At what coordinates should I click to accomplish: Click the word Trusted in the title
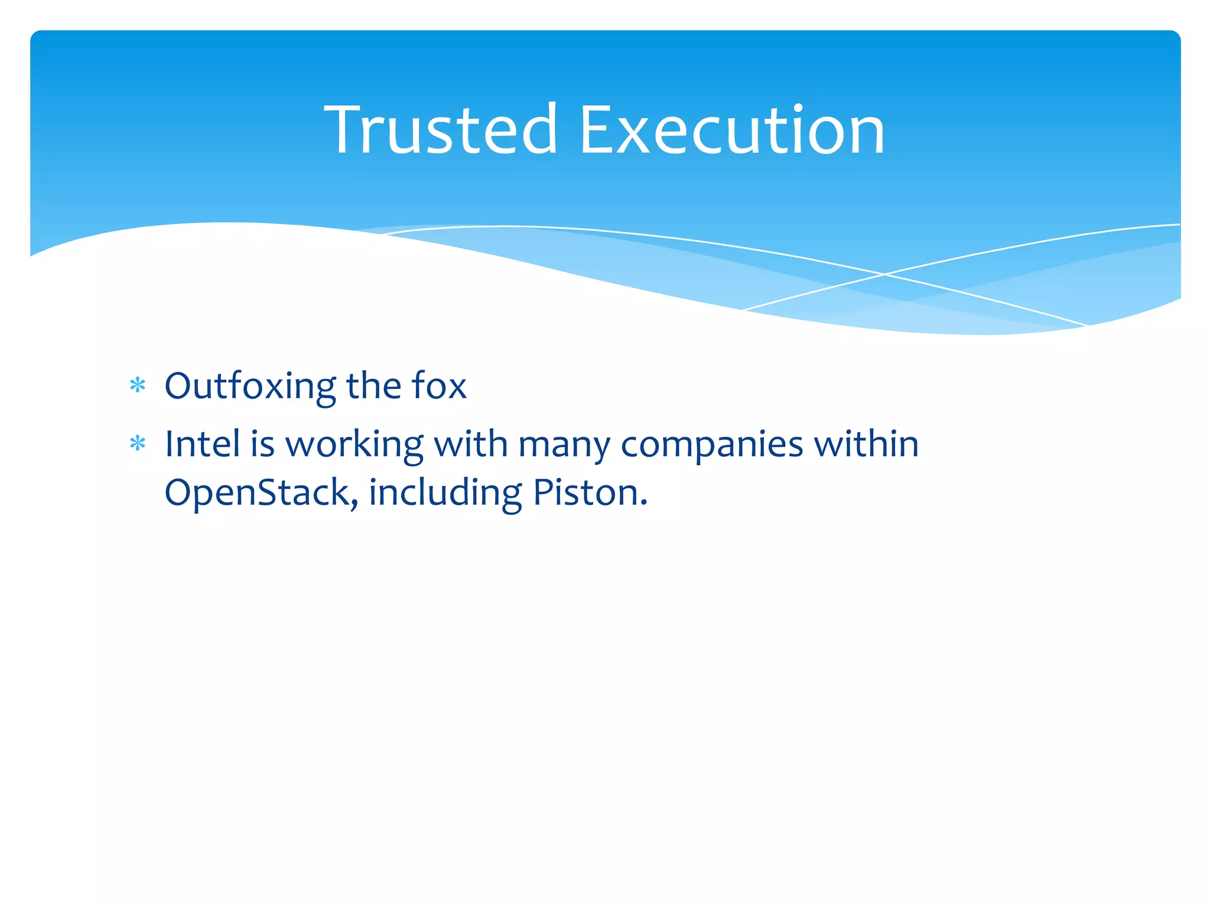(x=440, y=129)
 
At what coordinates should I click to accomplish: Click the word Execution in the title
(x=732, y=129)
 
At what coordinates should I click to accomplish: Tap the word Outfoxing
(x=250, y=387)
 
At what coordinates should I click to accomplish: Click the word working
(x=354, y=445)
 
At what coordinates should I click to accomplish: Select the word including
(x=445, y=494)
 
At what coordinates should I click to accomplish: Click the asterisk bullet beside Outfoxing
(x=138, y=386)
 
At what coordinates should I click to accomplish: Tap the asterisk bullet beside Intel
(x=138, y=443)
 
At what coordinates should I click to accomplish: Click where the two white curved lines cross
(x=884, y=274)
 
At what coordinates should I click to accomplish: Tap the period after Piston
(x=644, y=504)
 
